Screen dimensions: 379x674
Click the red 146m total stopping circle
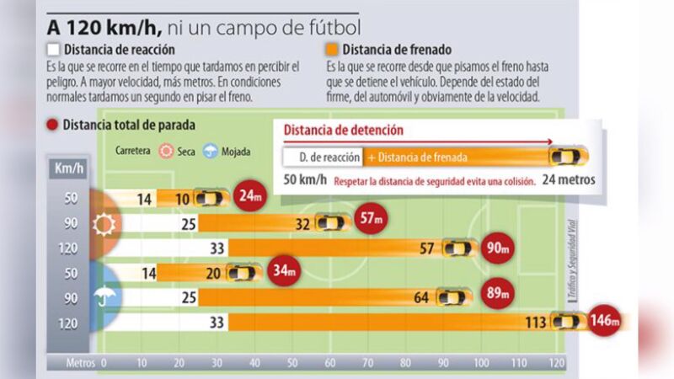pyautogui.click(x=604, y=321)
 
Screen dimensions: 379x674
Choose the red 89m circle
pyautogui.click(x=494, y=296)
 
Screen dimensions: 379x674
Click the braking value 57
pyautogui.click(x=428, y=248)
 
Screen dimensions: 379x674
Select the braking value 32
pyautogui.click(x=303, y=223)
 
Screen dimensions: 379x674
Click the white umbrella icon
pyautogui.click(x=105, y=296)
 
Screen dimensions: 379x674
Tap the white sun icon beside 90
pyautogui.click(x=105, y=223)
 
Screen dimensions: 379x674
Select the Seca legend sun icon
pyautogui.click(x=166, y=152)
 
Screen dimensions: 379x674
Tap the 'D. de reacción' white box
pyautogui.click(x=322, y=157)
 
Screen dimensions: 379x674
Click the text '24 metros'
pyautogui.click(x=569, y=179)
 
